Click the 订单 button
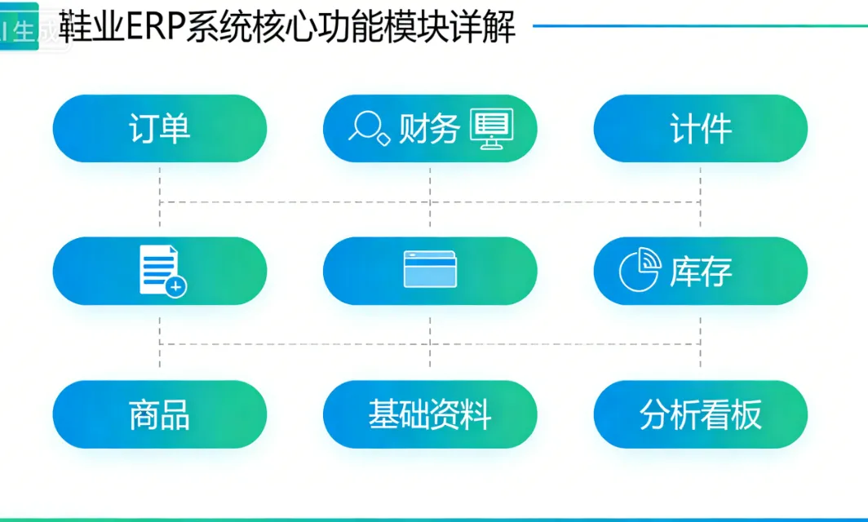coord(160,129)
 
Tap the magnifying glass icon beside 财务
coord(369,127)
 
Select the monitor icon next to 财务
coord(492,129)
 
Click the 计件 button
coord(701,129)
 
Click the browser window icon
coord(430,270)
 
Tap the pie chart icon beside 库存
coord(639,271)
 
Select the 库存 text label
coord(701,272)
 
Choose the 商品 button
coord(160,414)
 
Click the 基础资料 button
coord(430,414)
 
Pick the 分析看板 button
coord(701,414)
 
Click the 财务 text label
coord(429,129)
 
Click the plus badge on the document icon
coord(175,286)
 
